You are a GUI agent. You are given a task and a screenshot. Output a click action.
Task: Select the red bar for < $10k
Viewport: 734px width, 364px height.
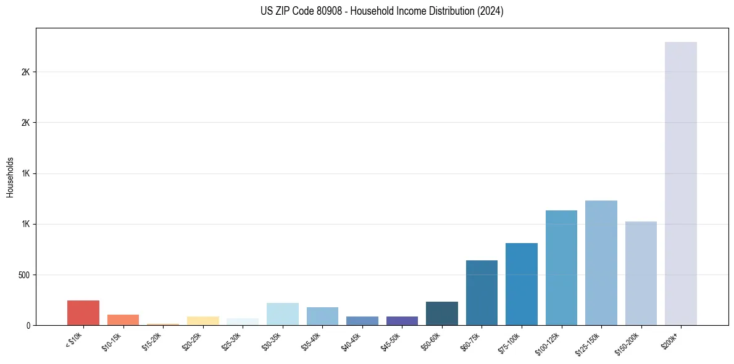tap(83, 313)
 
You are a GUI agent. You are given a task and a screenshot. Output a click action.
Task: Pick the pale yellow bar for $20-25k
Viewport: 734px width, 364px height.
tap(202, 321)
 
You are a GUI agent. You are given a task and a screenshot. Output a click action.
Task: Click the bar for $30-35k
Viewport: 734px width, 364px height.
tap(282, 314)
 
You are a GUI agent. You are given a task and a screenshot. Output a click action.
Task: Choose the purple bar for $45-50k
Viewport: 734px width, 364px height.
tap(402, 321)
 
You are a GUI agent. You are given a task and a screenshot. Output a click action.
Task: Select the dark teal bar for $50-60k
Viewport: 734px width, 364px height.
tap(442, 313)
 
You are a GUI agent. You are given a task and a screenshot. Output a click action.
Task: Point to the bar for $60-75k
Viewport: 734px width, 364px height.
tap(482, 292)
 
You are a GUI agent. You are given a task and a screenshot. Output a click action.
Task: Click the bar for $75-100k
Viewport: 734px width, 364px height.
tap(522, 284)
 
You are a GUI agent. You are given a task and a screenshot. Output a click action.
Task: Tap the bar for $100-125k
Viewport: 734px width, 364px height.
tap(561, 268)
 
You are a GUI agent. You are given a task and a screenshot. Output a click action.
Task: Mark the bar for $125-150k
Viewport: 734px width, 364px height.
tap(601, 263)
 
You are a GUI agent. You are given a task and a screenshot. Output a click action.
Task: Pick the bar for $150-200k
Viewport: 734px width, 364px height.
tap(641, 273)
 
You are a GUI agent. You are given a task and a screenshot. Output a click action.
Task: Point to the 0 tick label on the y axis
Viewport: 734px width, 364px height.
tap(27, 325)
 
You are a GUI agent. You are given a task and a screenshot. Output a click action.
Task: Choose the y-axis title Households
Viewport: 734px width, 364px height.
tap(10, 176)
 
